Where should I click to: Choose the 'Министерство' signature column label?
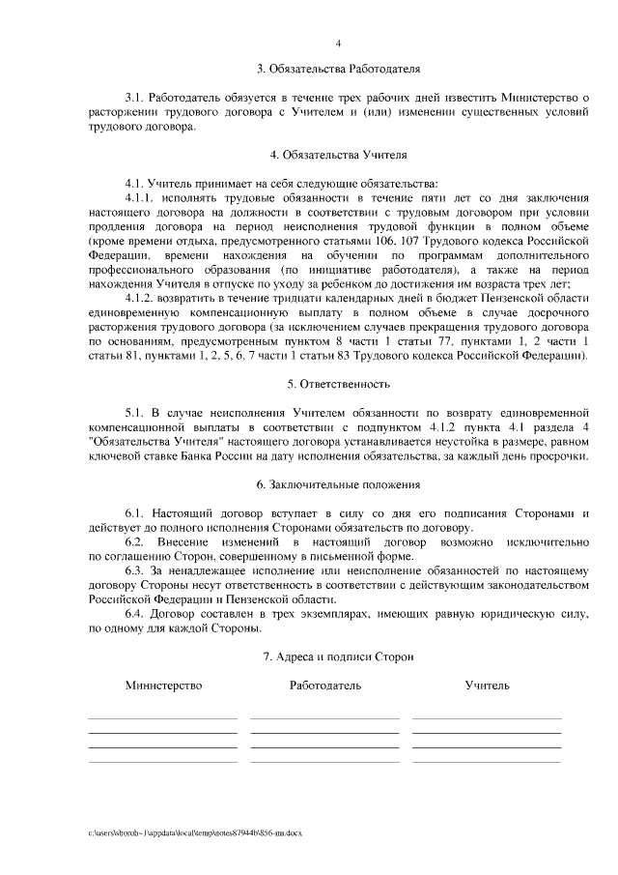point(163,685)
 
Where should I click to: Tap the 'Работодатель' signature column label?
point(324,685)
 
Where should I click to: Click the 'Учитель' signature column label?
point(487,685)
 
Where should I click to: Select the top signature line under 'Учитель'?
point(487,719)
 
